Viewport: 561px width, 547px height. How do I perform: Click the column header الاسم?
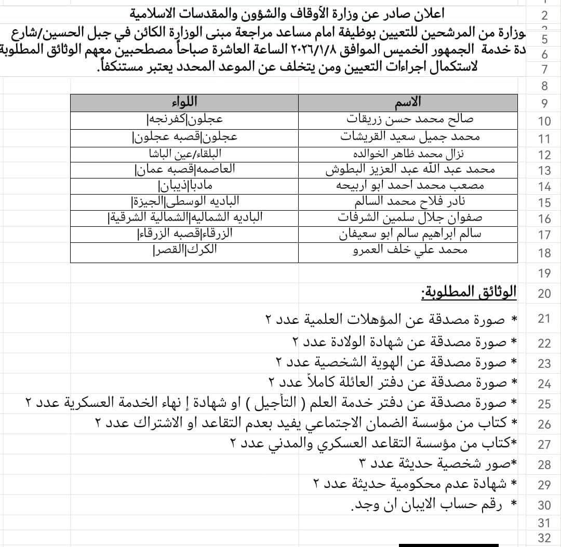408,102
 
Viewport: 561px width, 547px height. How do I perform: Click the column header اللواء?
184,102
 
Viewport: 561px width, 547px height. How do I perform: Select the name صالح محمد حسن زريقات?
410,119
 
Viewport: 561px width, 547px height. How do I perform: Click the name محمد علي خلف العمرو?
410,250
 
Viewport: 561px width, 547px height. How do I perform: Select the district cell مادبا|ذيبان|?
185,185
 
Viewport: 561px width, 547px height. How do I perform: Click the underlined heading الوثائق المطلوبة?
469,292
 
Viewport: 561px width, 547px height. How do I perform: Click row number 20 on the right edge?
544,294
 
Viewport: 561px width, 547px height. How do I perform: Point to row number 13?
544,171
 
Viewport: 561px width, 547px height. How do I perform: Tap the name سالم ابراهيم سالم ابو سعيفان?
410,234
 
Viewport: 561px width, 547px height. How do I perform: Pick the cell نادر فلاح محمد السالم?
410,201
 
